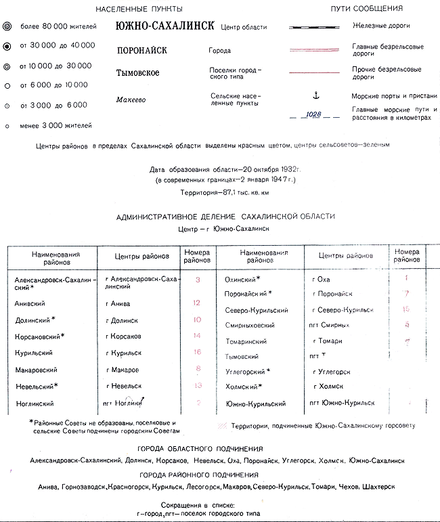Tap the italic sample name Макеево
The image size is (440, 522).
131,100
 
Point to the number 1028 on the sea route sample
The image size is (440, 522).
313,114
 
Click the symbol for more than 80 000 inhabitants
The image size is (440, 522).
7,26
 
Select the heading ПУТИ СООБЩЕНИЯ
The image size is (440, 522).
367,9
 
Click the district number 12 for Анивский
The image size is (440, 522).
197,303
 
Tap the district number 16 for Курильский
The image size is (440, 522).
197,353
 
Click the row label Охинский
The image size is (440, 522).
242,279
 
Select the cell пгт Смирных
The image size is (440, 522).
330,325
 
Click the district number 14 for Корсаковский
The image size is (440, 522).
197,336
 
